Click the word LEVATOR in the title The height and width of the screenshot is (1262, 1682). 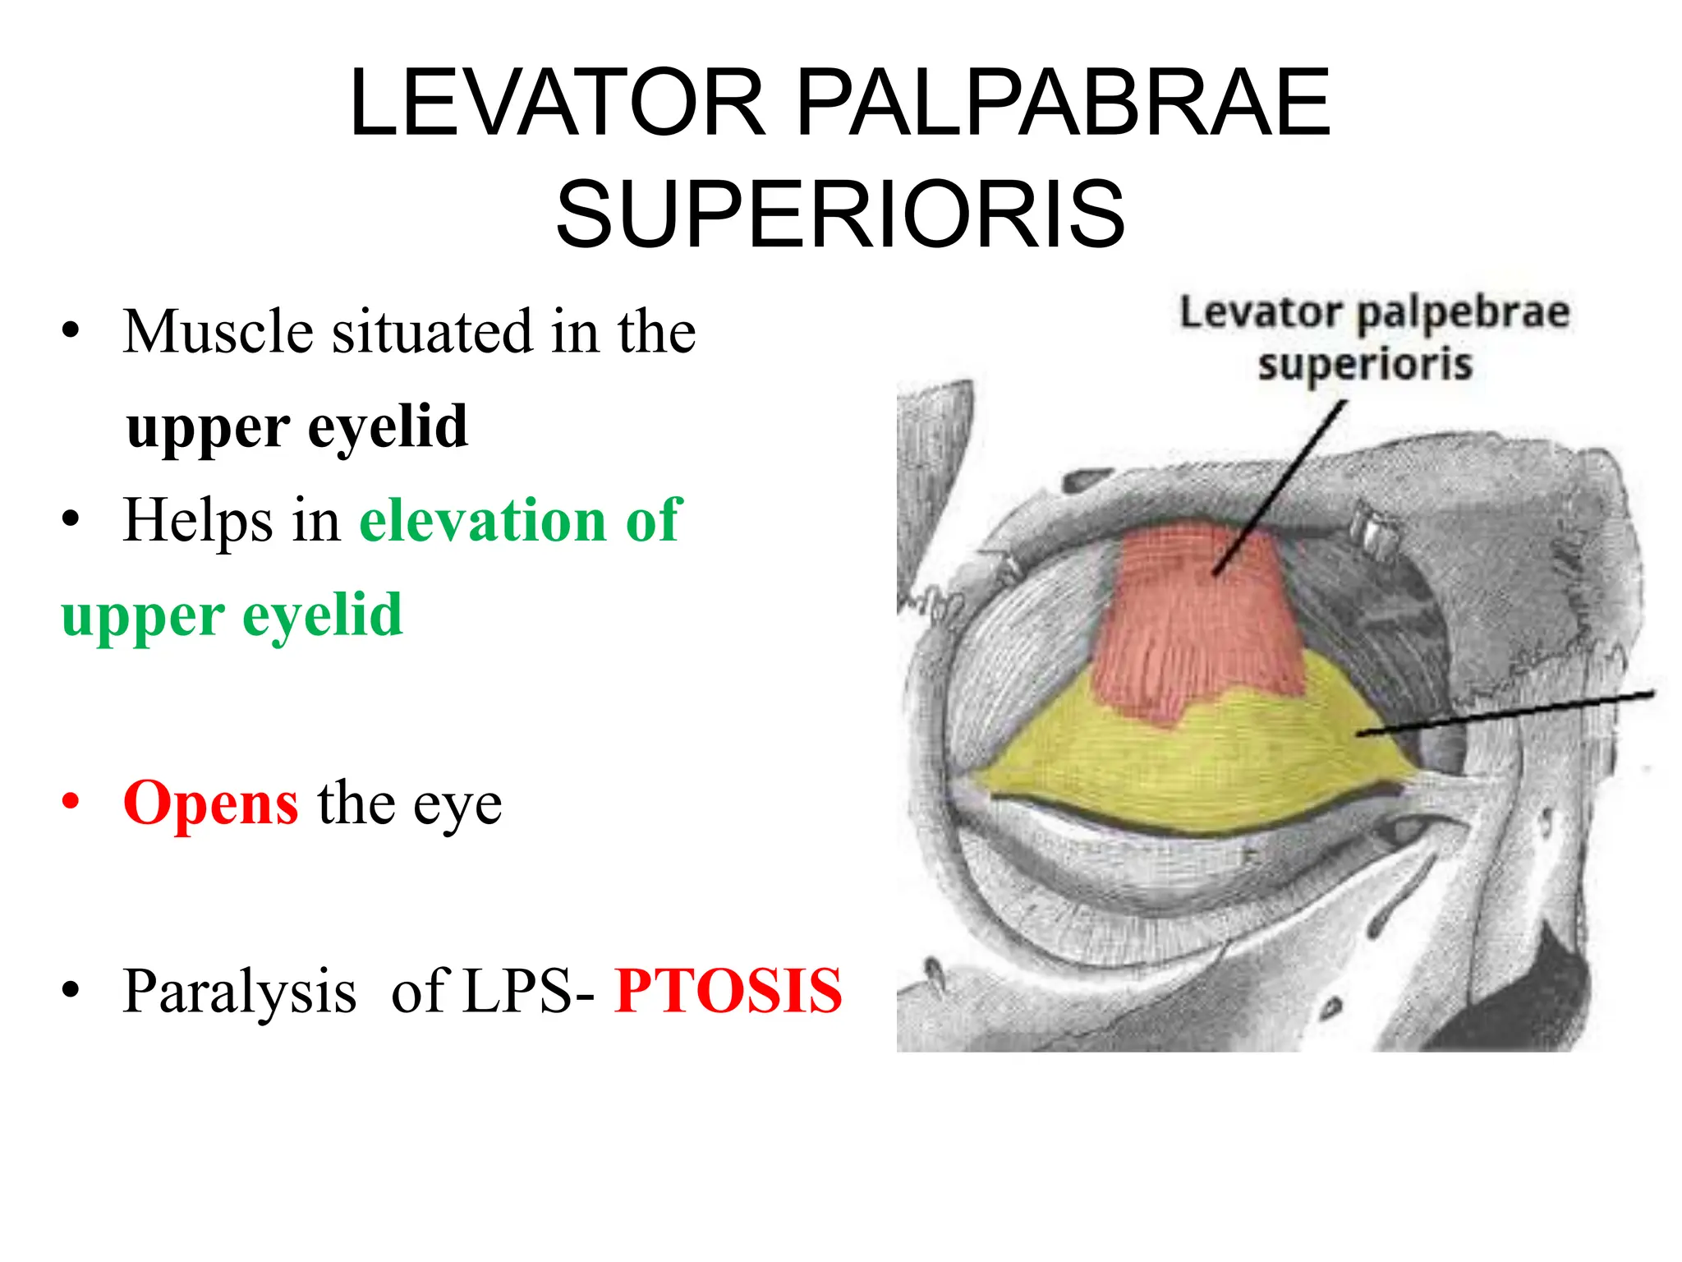pyautogui.click(x=558, y=104)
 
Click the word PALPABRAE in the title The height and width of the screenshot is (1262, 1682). pyautogui.click(x=1063, y=104)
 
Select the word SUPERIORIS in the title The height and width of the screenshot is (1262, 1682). pyautogui.click(x=839, y=215)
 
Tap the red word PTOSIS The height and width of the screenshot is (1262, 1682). pyautogui.click(x=728, y=991)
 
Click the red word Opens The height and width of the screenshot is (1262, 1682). pyautogui.click(x=211, y=803)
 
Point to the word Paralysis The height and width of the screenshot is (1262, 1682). pyautogui.click(x=239, y=991)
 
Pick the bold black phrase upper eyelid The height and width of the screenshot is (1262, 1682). pyautogui.click(x=297, y=427)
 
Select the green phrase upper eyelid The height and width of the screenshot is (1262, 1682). pyautogui.click(x=232, y=615)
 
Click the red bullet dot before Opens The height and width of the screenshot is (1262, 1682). pyautogui.click(x=71, y=801)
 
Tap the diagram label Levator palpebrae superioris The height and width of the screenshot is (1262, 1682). pyautogui.click(x=1374, y=339)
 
